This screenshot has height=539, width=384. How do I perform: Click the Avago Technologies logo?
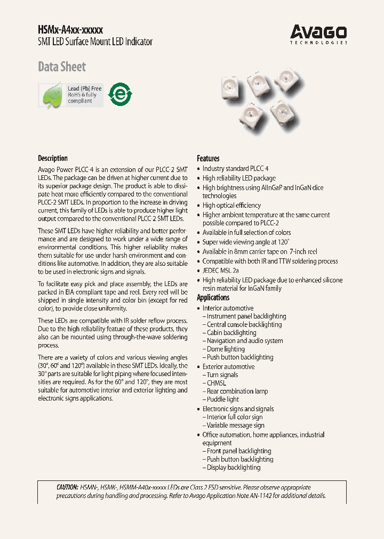[x=318, y=34]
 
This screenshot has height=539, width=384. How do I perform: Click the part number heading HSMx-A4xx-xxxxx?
[x=70, y=30]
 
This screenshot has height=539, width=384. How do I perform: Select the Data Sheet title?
[x=62, y=67]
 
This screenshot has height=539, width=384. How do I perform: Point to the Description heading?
[x=53, y=158]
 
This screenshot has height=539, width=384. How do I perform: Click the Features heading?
[x=208, y=158]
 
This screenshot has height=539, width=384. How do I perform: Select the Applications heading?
[x=213, y=298]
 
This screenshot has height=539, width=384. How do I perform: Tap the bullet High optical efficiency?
[x=231, y=205]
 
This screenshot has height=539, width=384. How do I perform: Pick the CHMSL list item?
[x=217, y=383]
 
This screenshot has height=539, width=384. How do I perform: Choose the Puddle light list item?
[x=223, y=399]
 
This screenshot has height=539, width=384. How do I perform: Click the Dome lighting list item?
[x=226, y=349]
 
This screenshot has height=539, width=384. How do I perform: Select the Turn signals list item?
[x=222, y=375]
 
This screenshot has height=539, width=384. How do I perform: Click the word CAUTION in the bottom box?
[x=67, y=487]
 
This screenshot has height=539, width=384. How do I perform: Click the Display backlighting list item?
[x=234, y=468]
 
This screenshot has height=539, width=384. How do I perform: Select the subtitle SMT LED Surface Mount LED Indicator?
[x=95, y=42]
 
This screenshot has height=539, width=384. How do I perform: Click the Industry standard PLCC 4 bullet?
[x=235, y=169]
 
